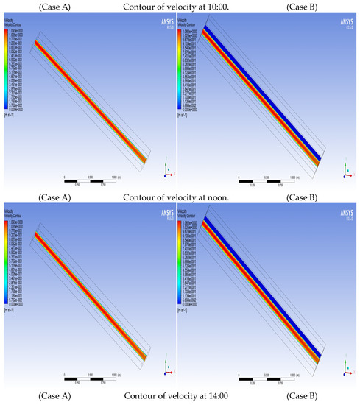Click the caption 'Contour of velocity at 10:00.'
(178, 7)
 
